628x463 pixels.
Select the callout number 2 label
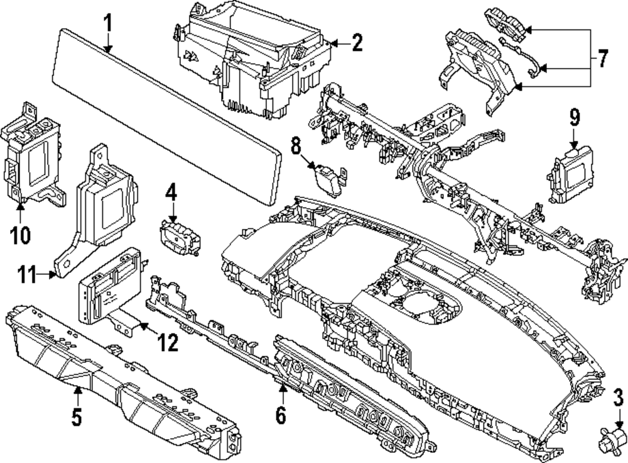[x=356, y=43]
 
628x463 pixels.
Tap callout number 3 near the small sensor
[x=618, y=397]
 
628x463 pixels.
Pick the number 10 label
[x=20, y=235]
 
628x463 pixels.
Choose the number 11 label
[x=26, y=274]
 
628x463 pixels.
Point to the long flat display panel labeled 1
[x=166, y=117]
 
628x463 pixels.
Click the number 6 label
[x=280, y=415]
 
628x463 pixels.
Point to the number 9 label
[x=574, y=117]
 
